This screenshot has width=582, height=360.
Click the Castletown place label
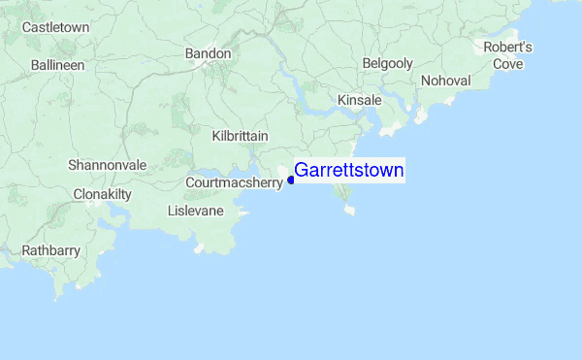(55, 27)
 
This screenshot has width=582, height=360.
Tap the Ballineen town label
(57, 65)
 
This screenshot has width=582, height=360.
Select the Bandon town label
(209, 53)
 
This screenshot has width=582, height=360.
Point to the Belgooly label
(387, 63)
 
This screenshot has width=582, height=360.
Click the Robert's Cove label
(508, 55)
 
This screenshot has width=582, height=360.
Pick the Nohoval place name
(445, 81)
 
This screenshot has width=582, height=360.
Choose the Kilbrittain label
(240, 136)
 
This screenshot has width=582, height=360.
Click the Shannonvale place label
(107, 165)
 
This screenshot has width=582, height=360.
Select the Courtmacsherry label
(234, 181)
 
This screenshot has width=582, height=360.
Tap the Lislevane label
(195, 211)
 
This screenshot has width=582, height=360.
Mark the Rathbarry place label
(50, 250)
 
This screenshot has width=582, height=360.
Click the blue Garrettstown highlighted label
(348, 171)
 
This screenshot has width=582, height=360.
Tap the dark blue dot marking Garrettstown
(291, 179)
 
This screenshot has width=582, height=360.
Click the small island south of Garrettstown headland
(349, 209)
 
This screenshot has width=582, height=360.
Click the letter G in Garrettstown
(301, 171)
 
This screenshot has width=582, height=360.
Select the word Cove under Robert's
(508, 64)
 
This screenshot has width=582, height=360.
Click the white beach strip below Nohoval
(421, 117)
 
